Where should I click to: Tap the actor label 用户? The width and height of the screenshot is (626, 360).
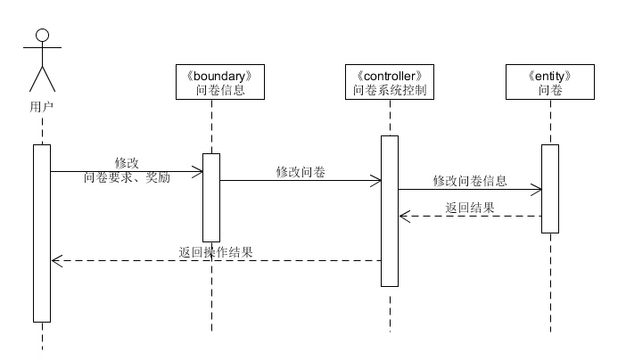(x=41, y=106)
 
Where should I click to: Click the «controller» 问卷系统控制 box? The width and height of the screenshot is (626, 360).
(x=390, y=82)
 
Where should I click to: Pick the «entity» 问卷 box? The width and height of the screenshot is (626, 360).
(x=550, y=82)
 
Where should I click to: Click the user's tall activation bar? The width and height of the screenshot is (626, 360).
(x=42, y=232)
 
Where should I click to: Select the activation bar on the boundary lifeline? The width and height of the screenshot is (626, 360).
(x=211, y=197)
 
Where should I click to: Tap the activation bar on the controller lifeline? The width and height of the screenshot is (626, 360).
(x=390, y=210)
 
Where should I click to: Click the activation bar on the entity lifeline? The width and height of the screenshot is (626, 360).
(x=550, y=188)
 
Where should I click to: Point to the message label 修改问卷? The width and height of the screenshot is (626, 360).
(x=300, y=171)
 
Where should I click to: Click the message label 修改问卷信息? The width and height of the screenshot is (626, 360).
(x=469, y=180)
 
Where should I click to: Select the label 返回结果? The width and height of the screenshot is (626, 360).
(x=470, y=207)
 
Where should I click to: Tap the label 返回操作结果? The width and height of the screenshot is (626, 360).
(x=216, y=252)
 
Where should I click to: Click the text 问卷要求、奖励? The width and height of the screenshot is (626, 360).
(x=127, y=176)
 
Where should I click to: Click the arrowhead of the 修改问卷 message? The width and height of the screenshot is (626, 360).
(x=378, y=180)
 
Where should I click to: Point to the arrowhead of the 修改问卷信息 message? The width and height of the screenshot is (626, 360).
(x=538, y=189)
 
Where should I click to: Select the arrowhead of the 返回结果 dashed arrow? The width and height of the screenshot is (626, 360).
(x=403, y=216)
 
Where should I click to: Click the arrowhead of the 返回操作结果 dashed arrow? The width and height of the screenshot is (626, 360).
(x=56, y=260)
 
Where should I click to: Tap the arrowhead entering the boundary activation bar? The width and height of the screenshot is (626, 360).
(x=199, y=171)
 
